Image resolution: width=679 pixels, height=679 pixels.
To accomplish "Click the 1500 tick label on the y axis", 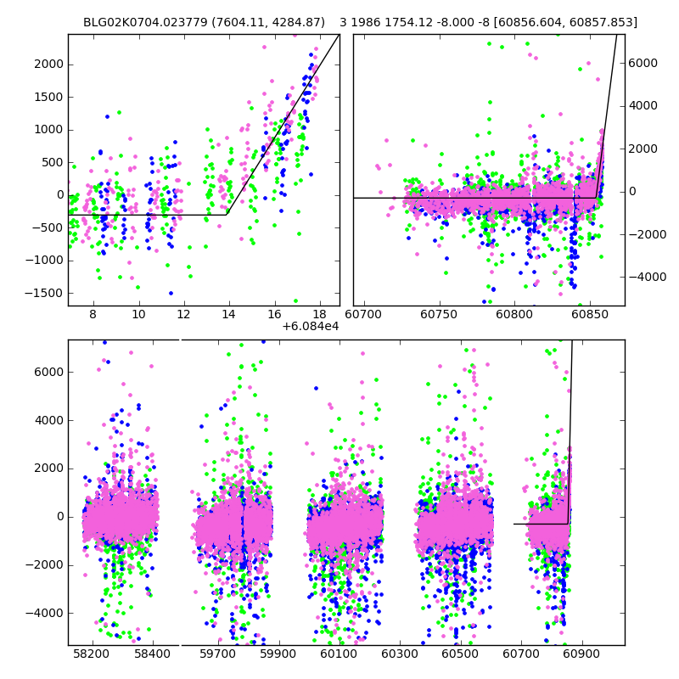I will coord(49,98).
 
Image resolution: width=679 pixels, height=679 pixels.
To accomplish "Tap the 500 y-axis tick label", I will coord(53,163).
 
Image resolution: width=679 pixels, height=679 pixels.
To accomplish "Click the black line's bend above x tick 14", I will coord(227,214).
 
